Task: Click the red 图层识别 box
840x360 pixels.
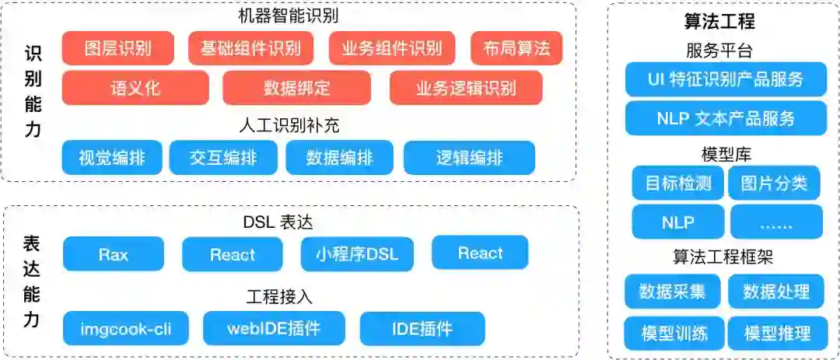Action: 118,48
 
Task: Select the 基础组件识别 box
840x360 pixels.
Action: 250,48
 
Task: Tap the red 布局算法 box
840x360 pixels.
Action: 511,48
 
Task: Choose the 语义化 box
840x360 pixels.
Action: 135,88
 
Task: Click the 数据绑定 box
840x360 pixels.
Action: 296,88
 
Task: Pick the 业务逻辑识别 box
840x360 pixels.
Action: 465,88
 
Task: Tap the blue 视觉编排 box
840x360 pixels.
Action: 112,158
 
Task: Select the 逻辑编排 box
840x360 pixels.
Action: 469,158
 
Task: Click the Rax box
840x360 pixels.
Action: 114,253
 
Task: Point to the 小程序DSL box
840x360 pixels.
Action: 356,253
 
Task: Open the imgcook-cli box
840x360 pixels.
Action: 125,328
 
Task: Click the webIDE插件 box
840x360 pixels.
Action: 274,328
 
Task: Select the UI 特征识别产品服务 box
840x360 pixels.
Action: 726,79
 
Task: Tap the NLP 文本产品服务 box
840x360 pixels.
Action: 726,119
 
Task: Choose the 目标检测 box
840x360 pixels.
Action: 677,183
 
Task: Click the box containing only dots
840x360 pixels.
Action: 775,222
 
